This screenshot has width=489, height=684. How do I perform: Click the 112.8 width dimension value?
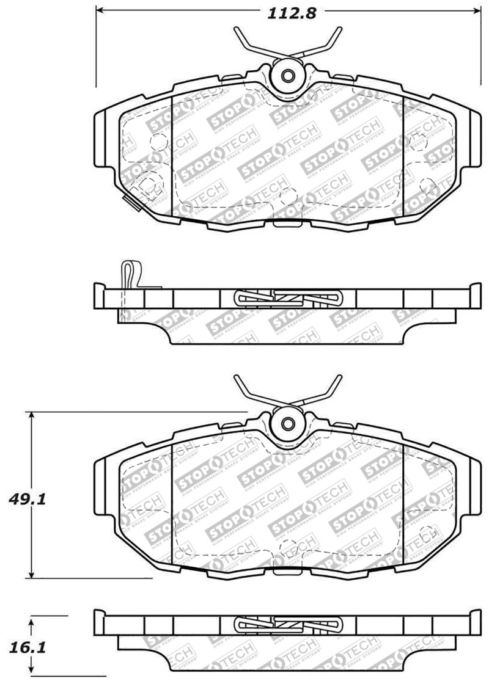tap(291, 12)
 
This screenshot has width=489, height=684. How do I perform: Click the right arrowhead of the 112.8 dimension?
tap(477, 11)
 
